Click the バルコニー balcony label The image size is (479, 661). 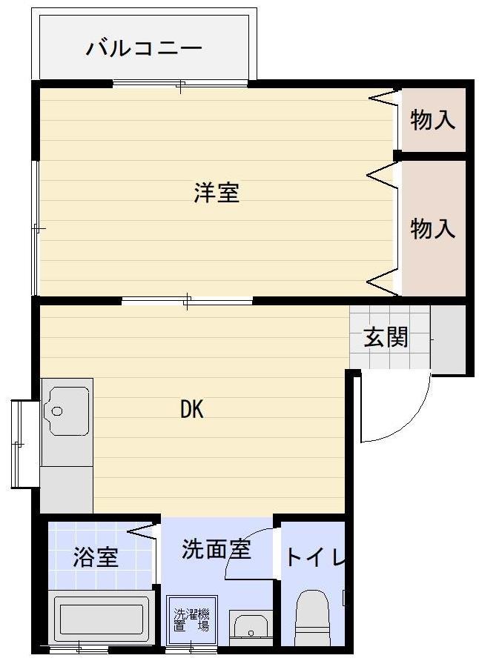click(144, 49)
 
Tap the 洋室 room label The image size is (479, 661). click(217, 193)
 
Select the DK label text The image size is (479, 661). click(192, 409)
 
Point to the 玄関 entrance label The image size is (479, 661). click(386, 338)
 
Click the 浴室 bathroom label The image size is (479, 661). click(96, 557)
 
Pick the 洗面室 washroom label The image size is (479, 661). click(217, 549)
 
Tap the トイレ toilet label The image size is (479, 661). click(316, 557)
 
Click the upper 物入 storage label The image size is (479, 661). click(433, 120)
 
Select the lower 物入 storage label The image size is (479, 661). click(433, 228)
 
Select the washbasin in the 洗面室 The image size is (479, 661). click(251, 626)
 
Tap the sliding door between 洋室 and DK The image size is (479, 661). click(187, 301)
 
